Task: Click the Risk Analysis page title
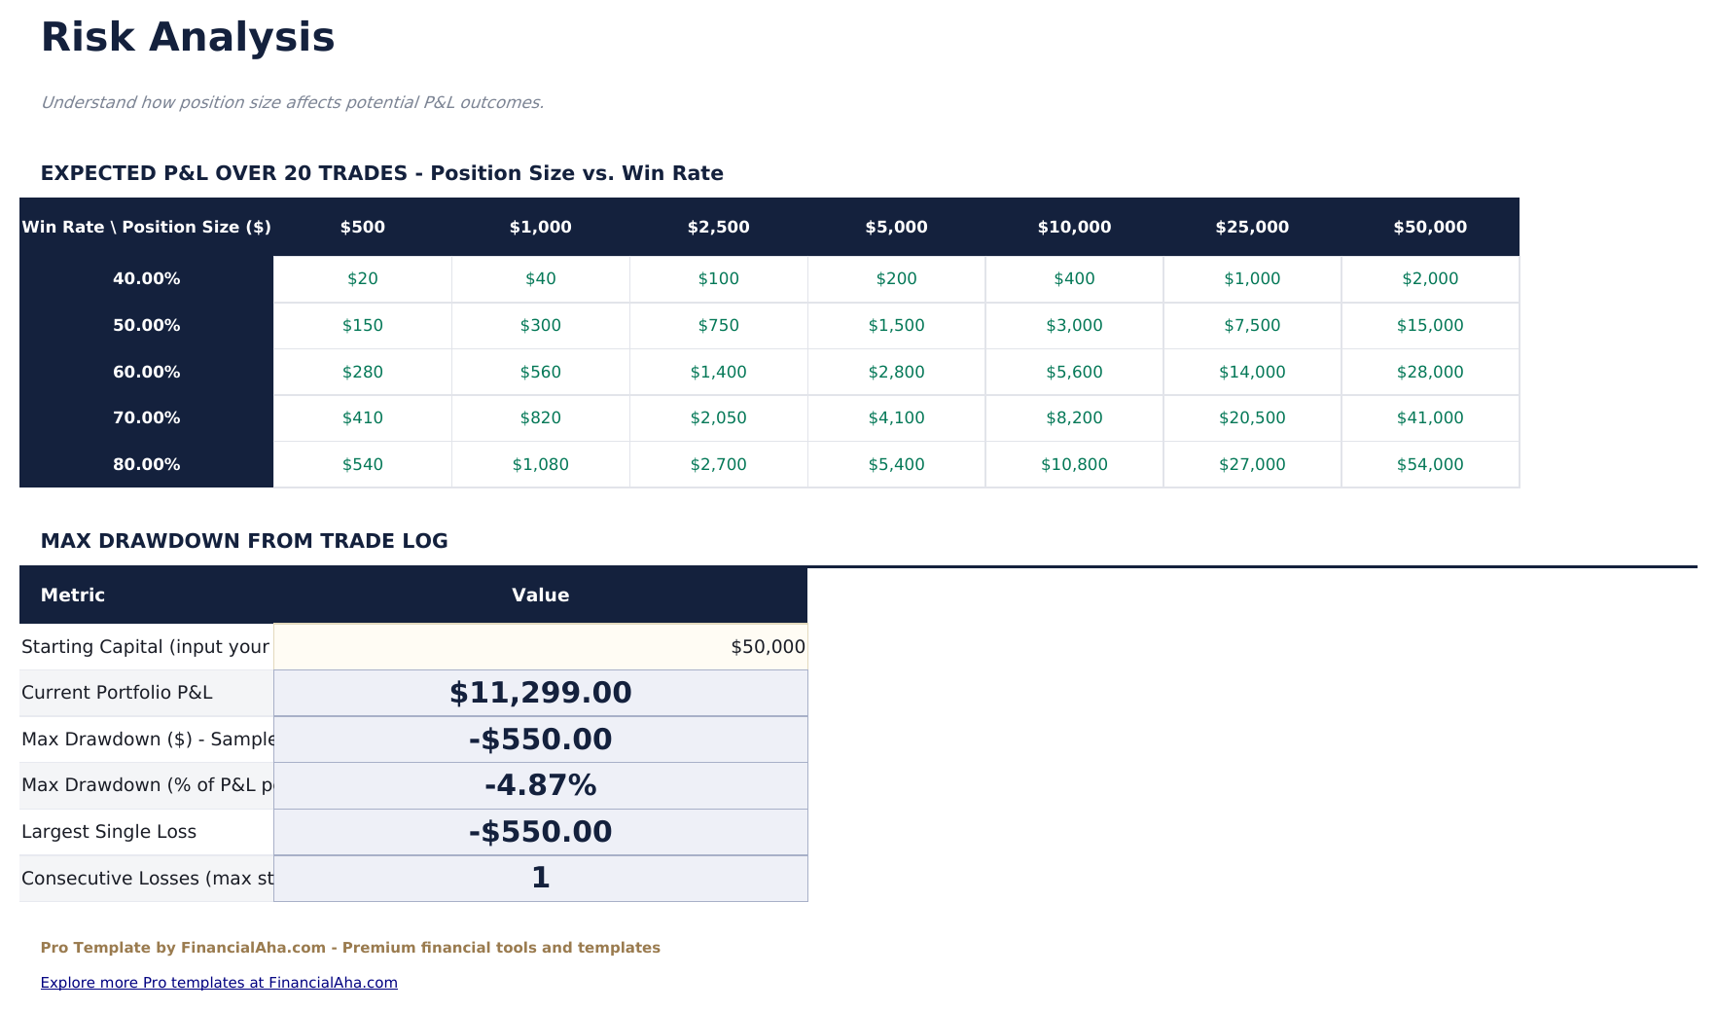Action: pyautogui.click(x=188, y=38)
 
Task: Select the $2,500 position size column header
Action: pyautogui.click(x=718, y=227)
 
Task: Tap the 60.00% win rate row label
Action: pyautogui.click(x=146, y=372)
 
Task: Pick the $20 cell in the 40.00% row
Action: pyautogui.click(x=362, y=278)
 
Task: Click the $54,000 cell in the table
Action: pyautogui.click(x=1429, y=464)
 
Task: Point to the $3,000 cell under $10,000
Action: pyautogui.click(x=1074, y=325)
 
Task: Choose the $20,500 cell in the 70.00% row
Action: pyautogui.click(x=1251, y=417)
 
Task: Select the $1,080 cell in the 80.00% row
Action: pyautogui.click(x=540, y=464)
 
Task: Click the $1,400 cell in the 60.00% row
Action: pyautogui.click(x=718, y=372)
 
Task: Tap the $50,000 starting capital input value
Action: pyautogui.click(x=767, y=647)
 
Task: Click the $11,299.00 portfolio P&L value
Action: pyautogui.click(x=540, y=693)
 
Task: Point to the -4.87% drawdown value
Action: pyautogui.click(x=540, y=785)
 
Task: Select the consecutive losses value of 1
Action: pyautogui.click(x=540, y=878)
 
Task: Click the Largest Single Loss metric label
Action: pyautogui.click(x=109, y=832)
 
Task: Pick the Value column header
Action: pyautogui.click(x=540, y=596)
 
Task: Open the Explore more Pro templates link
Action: pyautogui.click(x=219, y=983)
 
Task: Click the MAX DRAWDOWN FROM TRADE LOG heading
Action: pyautogui.click(x=244, y=541)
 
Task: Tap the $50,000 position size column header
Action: pyautogui.click(x=1429, y=227)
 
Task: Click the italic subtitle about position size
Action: pyautogui.click(x=292, y=102)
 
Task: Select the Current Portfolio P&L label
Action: pyautogui.click(x=117, y=693)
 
